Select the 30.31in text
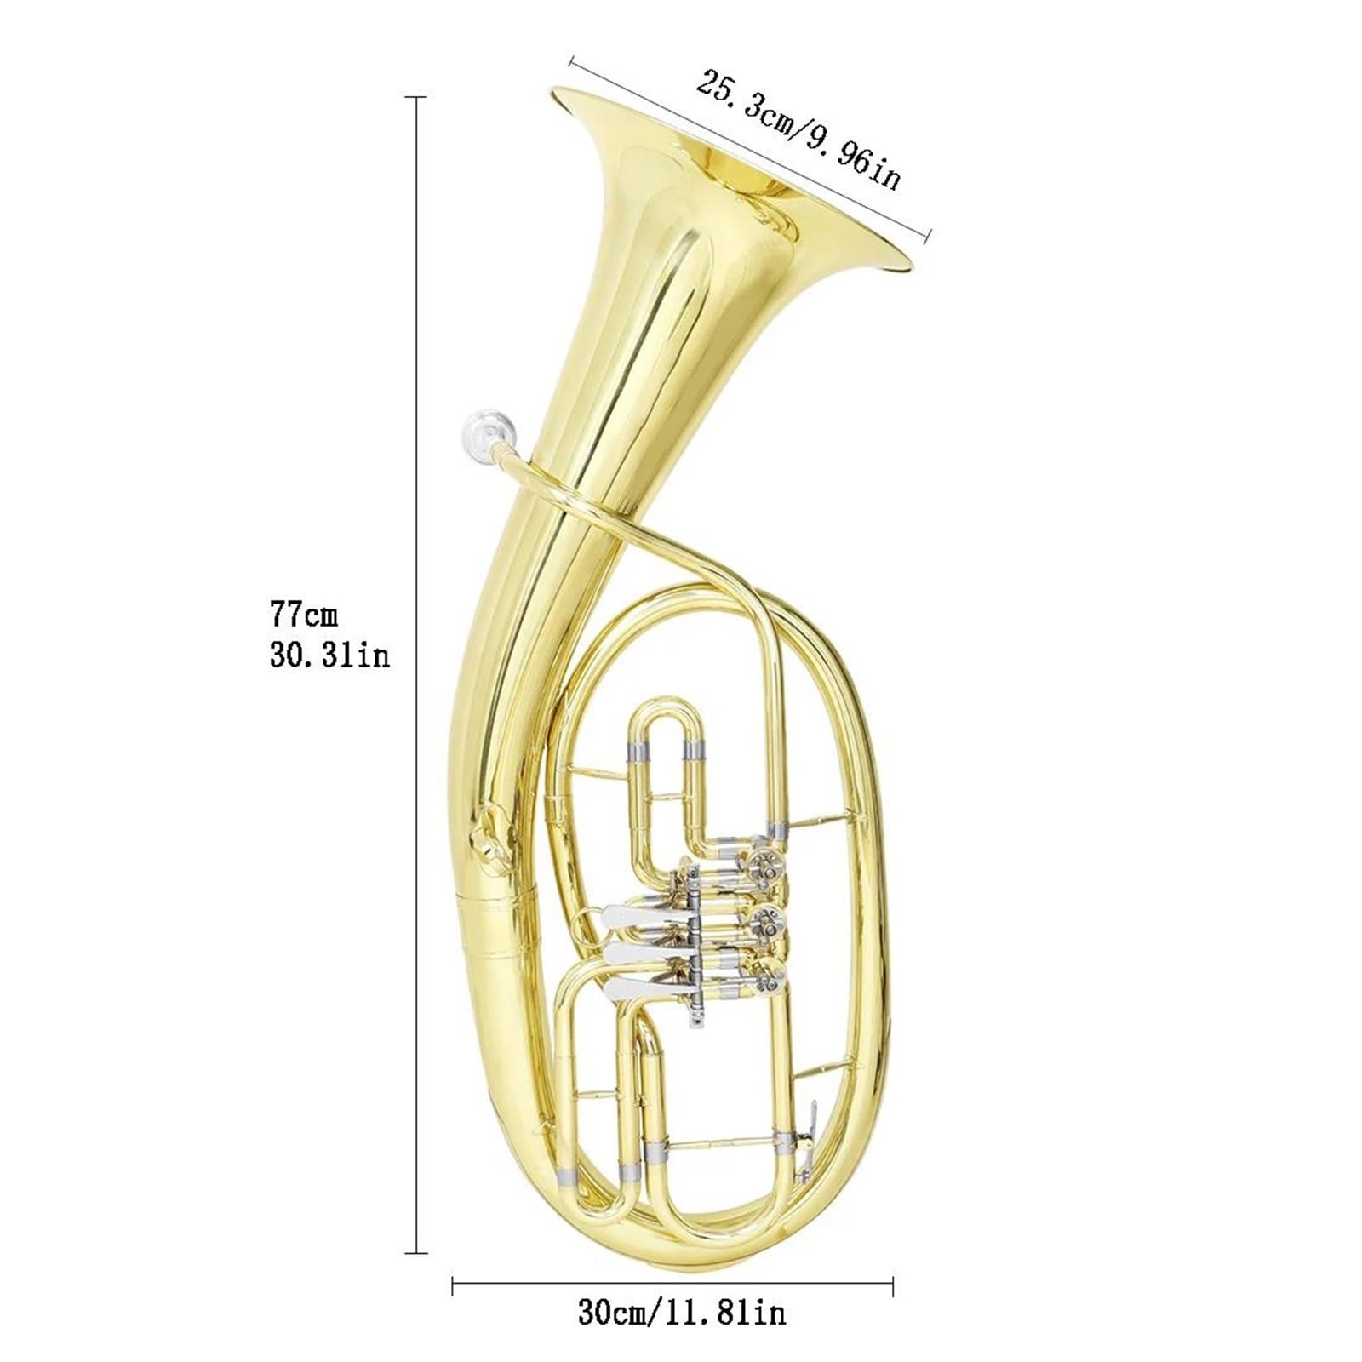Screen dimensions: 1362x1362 (x=329, y=655)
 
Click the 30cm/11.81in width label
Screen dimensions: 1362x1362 (x=682, y=1312)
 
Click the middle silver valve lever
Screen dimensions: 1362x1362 (x=627, y=952)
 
